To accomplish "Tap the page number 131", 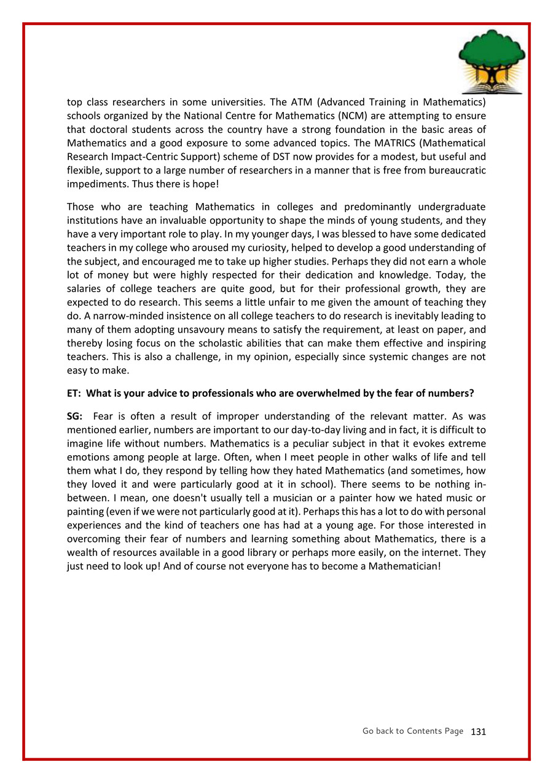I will click(x=478, y=732).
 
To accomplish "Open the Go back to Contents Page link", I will click(x=413, y=731).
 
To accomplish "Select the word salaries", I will click(x=84, y=289).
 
